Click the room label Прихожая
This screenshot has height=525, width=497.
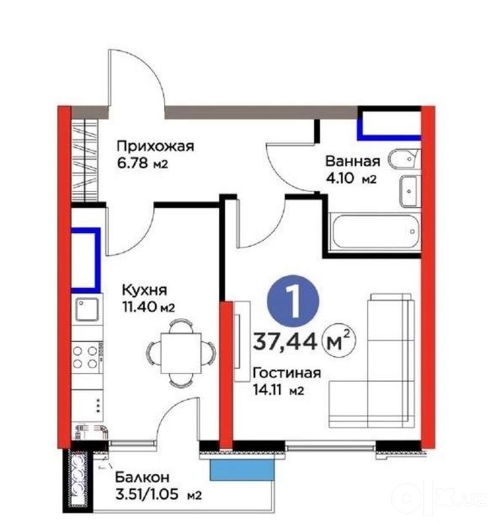point(155,147)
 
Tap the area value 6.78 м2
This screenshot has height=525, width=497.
point(142,163)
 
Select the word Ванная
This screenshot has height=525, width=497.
point(353,161)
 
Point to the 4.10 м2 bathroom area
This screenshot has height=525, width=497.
point(351,178)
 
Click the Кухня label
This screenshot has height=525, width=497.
point(144,290)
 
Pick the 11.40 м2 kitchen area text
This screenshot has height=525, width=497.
point(148,307)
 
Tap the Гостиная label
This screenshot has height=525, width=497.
point(287,373)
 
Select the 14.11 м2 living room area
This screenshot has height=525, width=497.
point(278,390)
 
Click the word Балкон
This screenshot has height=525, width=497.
point(142,477)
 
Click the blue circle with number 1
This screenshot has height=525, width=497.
point(293,301)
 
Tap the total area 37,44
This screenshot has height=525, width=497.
point(285,342)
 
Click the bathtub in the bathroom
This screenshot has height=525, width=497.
point(375,231)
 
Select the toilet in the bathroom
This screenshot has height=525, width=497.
point(403,159)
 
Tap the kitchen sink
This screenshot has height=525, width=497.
point(87,309)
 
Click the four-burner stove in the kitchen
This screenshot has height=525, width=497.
point(86,357)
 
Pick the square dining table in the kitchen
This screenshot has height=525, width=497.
point(181,353)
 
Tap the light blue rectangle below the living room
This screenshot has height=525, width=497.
point(242,469)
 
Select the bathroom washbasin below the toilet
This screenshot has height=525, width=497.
point(409,190)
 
